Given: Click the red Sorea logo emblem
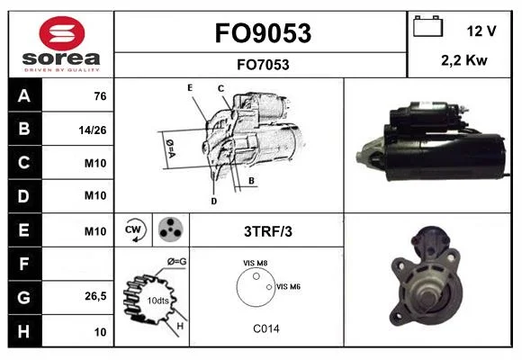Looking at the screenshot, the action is point(62,33).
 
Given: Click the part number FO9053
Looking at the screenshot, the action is point(263,33).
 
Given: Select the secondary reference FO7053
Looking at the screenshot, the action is point(263,65).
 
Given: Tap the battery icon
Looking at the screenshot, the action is point(427,26).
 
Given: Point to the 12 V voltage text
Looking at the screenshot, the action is point(481,31).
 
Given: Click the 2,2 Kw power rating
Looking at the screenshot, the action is point(464,60).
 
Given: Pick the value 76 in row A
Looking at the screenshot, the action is point(100,96).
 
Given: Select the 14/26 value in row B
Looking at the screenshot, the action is point(93,130).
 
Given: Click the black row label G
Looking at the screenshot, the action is point(24,297).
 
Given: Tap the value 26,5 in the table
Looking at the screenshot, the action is point(95,296).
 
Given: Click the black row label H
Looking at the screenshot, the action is point(24,331).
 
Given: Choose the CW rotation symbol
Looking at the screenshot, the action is point(133,229).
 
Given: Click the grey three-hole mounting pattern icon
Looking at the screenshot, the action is point(170,229).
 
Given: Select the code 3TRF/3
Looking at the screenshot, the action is point(268,231).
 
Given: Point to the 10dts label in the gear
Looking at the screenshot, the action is point(157,301).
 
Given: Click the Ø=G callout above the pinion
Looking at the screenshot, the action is point(176,262).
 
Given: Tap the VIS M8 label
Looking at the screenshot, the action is point(255,263).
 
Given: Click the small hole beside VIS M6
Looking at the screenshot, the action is point(269,287).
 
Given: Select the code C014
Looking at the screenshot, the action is point(266,328).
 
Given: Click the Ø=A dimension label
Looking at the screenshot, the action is point(170,148).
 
